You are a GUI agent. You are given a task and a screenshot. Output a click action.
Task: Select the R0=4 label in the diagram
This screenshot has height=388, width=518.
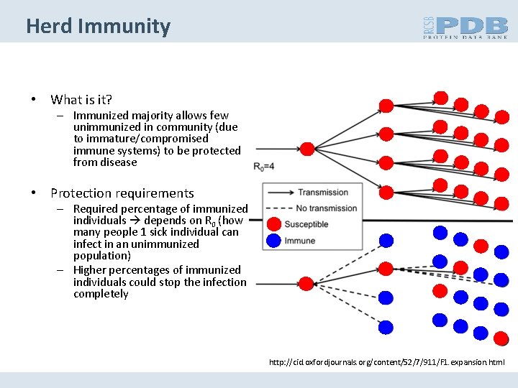click(264, 167)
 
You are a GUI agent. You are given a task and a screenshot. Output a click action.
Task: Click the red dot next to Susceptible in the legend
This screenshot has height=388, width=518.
click(274, 224)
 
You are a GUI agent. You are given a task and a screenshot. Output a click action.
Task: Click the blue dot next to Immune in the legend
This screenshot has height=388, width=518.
click(274, 241)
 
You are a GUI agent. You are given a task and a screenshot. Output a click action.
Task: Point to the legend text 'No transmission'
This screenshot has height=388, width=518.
click(327, 208)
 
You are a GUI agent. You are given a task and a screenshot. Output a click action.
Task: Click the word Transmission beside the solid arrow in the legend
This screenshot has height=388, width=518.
click(323, 193)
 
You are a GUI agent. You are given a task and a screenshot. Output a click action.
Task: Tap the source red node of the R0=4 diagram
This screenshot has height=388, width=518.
click(306, 149)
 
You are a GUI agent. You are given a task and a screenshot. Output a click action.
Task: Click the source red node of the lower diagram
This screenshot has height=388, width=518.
click(306, 283)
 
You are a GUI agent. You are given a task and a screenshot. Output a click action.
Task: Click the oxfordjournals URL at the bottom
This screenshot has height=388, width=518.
click(387, 364)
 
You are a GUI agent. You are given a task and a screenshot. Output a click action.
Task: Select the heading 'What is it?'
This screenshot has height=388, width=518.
click(81, 100)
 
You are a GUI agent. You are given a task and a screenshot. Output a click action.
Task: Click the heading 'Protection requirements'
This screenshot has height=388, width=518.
click(122, 193)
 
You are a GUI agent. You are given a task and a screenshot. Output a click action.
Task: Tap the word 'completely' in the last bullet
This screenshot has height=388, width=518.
click(101, 294)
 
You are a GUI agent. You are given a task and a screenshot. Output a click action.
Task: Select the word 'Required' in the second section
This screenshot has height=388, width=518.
click(96, 209)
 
